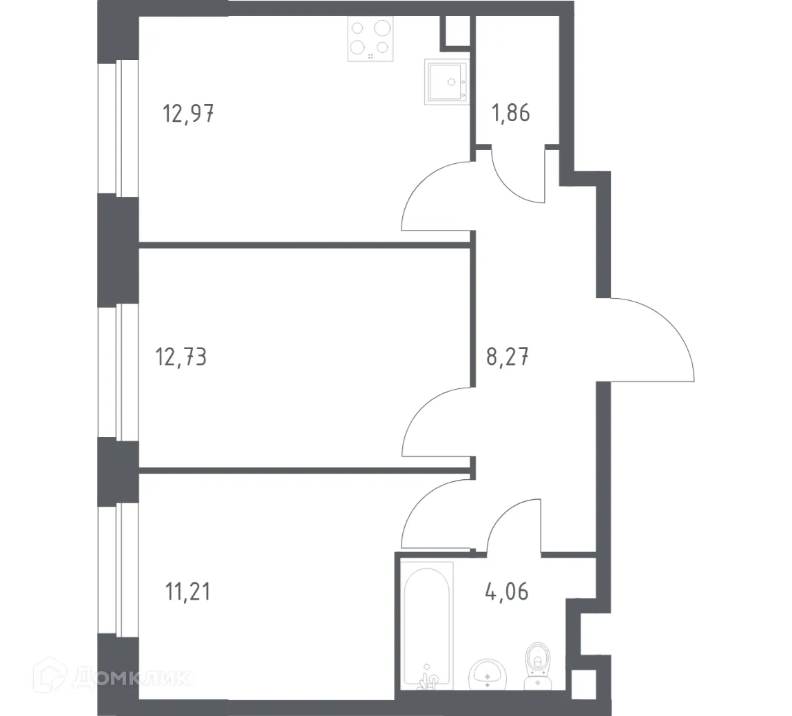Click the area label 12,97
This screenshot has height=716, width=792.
(x=187, y=113)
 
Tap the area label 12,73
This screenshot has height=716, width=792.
(x=182, y=358)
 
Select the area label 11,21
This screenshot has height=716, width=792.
(x=187, y=591)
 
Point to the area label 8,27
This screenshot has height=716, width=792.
(x=508, y=358)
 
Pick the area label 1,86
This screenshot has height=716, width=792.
(x=510, y=113)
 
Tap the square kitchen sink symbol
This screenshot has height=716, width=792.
(x=447, y=82)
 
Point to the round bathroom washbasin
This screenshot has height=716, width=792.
(x=488, y=675)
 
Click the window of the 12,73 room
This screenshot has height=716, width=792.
(x=110, y=372)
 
